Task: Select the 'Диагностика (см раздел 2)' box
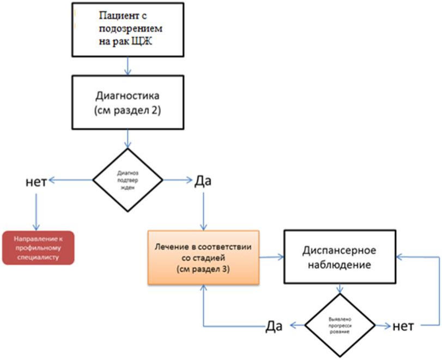(x=128, y=101)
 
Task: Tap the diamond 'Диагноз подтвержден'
(x=128, y=179)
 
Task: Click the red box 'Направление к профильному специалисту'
(x=38, y=248)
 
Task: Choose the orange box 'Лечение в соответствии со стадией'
(x=203, y=257)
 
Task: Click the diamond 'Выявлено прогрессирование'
(x=340, y=326)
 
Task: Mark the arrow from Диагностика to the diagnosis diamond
(x=128, y=139)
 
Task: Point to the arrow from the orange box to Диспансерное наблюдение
(x=271, y=257)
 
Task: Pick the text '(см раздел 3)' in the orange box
(x=203, y=269)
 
